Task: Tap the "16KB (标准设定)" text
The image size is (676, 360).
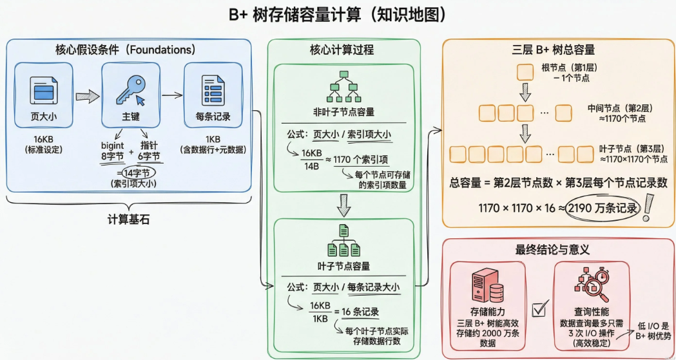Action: pyautogui.click(x=43, y=145)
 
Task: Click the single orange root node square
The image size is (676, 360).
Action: pyautogui.click(x=526, y=70)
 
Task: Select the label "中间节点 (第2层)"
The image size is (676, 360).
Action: pyautogui.click(x=621, y=113)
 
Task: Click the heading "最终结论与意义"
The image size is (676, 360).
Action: pyautogui.click(x=553, y=249)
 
